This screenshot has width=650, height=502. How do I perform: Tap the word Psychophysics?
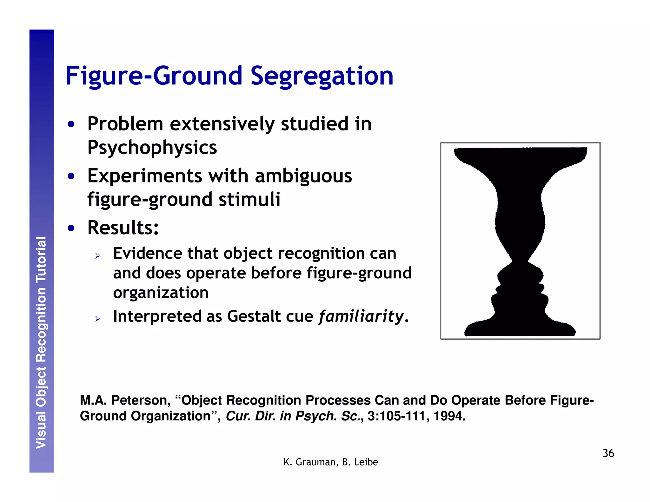point(152,148)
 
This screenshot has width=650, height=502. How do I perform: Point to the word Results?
point(123,228)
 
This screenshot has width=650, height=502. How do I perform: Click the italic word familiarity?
point(361,316)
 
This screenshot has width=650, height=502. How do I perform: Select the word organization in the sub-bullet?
point(161,293)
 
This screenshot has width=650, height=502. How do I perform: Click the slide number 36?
point(608,453)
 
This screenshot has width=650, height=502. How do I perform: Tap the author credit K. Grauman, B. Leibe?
point(331,462)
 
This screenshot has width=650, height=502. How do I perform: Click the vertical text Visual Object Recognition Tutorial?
point(41,343)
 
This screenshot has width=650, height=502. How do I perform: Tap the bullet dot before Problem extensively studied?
point(71,124)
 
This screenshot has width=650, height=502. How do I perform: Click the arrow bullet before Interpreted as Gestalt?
point(98,319)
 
